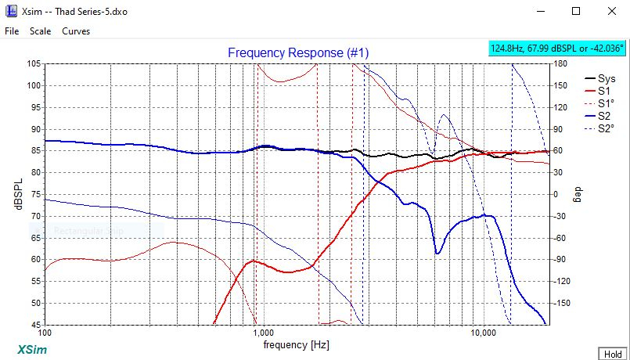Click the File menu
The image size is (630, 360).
[x=11, y=31]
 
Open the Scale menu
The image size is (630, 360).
[x=40, y=31]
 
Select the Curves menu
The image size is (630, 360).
[x=76, y=31]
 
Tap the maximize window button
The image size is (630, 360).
[x=575, y=11]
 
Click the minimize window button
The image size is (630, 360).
[x=540, y=11]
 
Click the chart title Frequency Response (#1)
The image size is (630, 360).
[x=298, y=52]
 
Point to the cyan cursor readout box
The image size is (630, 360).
[x=556, y=49]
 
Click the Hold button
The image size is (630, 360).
[x=610, y=354]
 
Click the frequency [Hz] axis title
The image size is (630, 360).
[x=296, y=344]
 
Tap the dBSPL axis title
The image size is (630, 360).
[x=17, y=194]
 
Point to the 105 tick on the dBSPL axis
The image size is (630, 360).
[x=33, y=64]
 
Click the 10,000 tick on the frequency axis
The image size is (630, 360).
[x=483, y=332]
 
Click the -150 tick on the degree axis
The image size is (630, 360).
[x=564, y=303]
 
